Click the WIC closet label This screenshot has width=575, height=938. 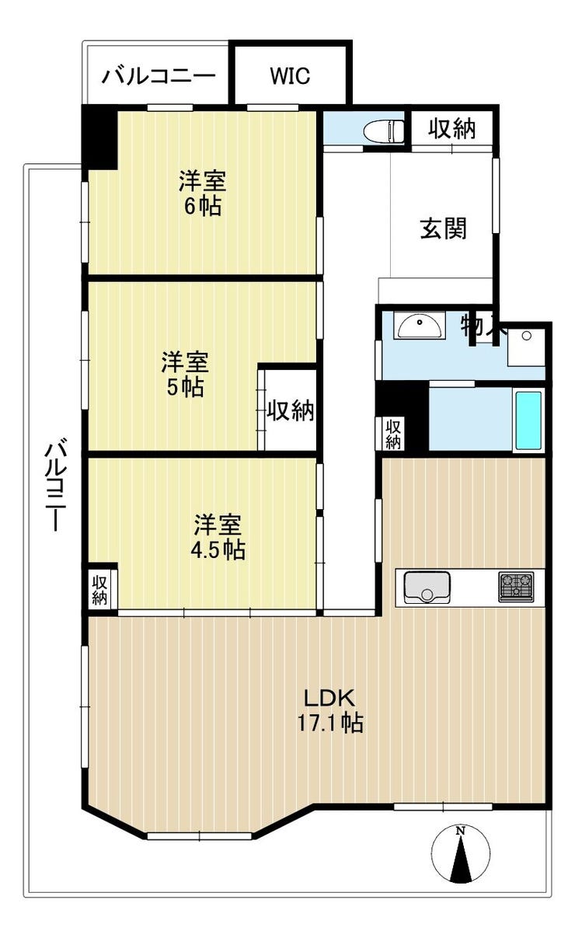click(x=290, y=76)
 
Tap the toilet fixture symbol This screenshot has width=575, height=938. click(x=384, y=131)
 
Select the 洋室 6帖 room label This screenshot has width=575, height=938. click(x=203, y=193)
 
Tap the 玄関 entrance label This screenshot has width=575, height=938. click(x=443, y=228)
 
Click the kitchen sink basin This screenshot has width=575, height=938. click(x=427, y=587)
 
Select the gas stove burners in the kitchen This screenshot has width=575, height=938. click(x=516, y=587)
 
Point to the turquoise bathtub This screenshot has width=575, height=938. click(x=528, y=420)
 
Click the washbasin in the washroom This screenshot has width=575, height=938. click(x=420, y=327)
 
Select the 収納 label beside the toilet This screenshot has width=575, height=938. click(x=451, y=128)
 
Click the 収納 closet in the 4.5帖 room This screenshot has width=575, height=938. click(x=99, y=591)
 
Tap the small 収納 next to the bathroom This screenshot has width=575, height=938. click(x=393, y=434)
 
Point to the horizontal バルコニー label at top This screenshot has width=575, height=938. click(x=159, y=76)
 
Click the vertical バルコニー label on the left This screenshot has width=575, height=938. click(x=56, y=483)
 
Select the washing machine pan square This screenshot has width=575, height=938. click(x=526, y=347)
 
